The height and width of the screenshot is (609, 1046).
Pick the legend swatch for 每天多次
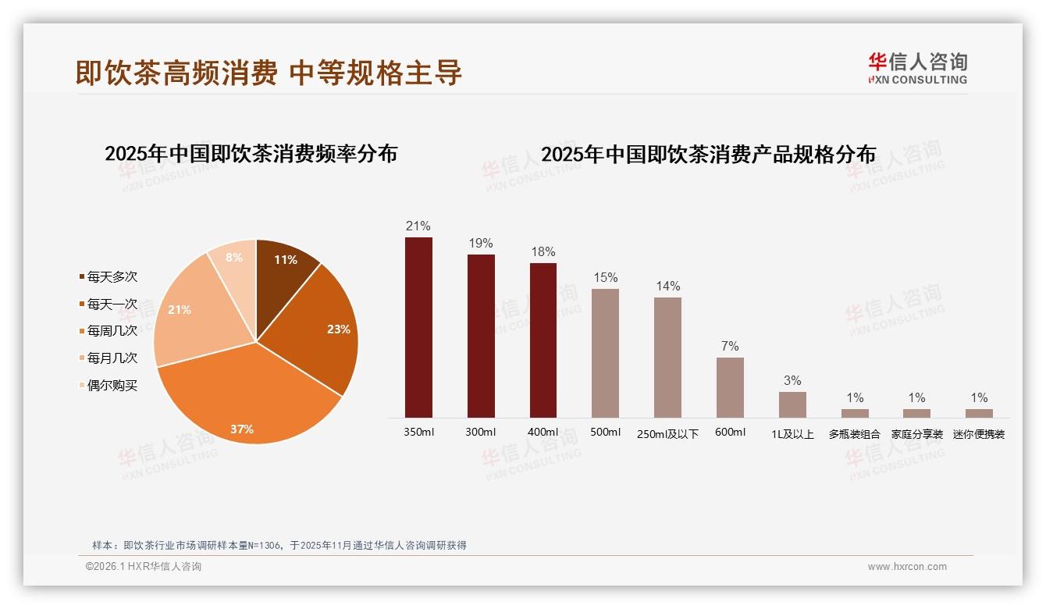tap(81, 277)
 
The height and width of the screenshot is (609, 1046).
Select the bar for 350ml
tap(418, 327)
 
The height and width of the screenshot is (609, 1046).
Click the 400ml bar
tap(543, 340)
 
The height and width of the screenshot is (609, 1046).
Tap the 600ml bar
tap(730, 387)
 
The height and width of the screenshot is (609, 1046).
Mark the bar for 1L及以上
tap(792, 404)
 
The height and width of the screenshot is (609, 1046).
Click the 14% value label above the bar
tap(667, 286)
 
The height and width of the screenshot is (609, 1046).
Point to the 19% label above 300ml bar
tap(481, 243)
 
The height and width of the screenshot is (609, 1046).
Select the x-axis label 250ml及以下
tap(667, 434)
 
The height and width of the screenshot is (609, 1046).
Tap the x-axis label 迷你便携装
tap(979, 434)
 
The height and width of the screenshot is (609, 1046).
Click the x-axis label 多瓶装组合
tap(854, 434)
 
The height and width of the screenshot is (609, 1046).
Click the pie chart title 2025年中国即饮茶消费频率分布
tap(251, 154)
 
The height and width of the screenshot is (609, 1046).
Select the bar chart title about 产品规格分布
tap(708, 155)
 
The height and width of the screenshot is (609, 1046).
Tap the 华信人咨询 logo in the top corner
tap(917, 69)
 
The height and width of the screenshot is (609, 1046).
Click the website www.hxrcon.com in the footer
tap(907, 567)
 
